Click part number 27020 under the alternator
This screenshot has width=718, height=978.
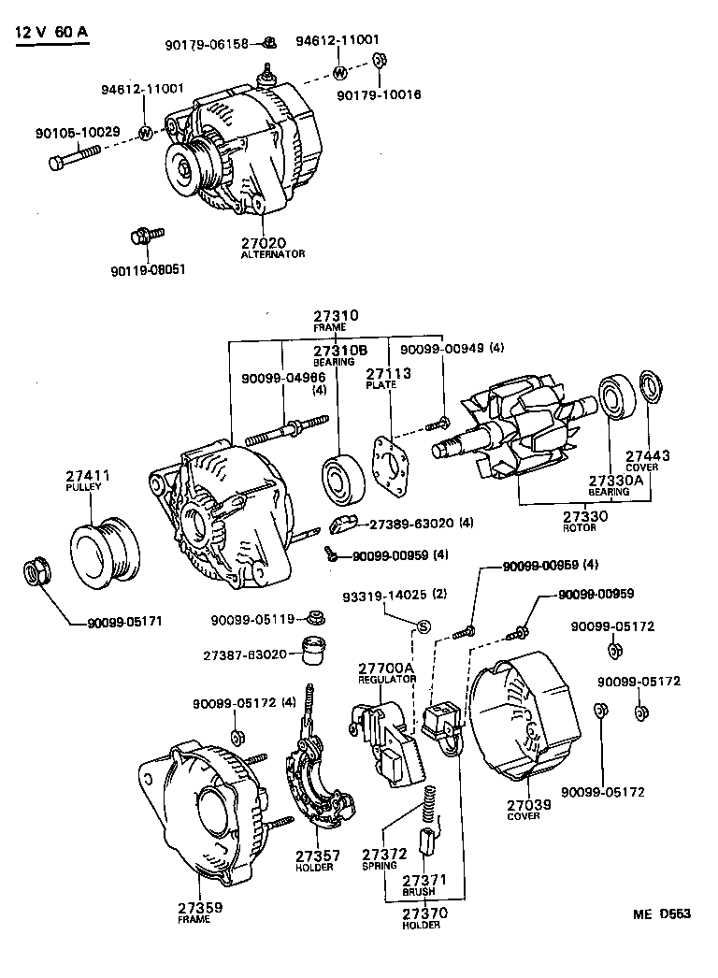(265, 243)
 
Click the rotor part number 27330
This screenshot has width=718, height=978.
(585, 516)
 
